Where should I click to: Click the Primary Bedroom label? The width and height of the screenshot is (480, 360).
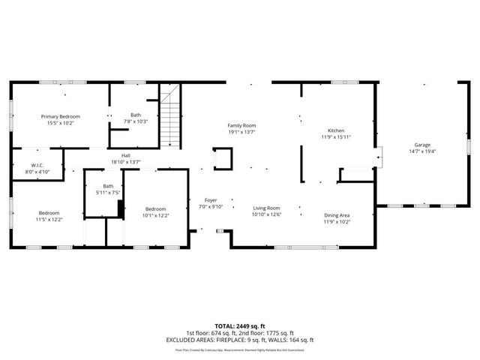61,116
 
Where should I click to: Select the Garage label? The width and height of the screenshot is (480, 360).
423,145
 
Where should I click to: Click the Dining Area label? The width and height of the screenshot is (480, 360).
337,215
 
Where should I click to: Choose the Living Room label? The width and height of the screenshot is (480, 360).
265,208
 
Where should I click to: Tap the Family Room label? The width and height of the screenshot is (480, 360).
242,125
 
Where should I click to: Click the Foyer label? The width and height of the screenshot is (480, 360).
211,200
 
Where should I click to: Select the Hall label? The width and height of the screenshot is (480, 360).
126,155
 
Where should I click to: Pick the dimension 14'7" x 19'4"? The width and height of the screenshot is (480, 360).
423,151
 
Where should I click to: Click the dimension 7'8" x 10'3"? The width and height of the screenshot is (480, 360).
136,121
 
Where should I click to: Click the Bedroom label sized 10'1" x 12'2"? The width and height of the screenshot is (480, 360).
156,208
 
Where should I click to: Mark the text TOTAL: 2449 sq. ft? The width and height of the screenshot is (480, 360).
239,326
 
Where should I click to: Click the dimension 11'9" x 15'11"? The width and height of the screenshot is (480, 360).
336,136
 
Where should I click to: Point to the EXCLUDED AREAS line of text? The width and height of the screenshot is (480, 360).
239,340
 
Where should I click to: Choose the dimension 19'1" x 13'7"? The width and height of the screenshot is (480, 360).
242,132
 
